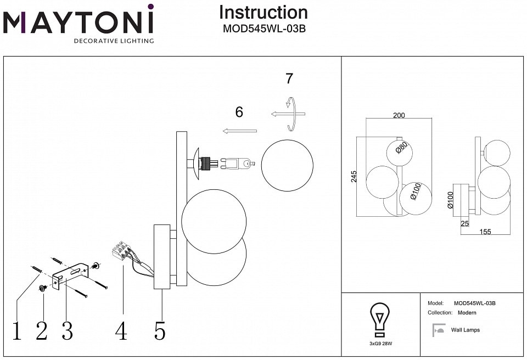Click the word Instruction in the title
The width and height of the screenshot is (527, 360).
[x=263, y=12]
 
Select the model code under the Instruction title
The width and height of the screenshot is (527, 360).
[x=263, y=30]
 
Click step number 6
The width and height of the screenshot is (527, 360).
[x=239, y=113]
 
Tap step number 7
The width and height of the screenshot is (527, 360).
[x=289, y=78]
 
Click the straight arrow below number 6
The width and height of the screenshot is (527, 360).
[x=240, y=131]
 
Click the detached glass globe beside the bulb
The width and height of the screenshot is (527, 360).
[x=287, y=165]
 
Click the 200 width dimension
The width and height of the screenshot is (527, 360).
[x=399, y=116]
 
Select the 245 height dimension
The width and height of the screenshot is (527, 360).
[x=354, y=176]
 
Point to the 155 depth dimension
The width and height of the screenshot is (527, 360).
[x=485, y=232]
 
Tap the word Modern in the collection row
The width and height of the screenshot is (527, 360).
[x=467, y=313]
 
